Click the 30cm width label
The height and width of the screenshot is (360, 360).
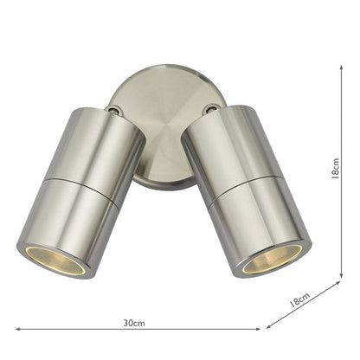(x=133, y=322)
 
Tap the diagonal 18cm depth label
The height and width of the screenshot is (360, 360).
(x=299, y=299)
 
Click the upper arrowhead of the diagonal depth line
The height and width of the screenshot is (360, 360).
(x=339, y=282)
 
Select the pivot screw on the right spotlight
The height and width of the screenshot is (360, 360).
(x=209, y=109)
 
